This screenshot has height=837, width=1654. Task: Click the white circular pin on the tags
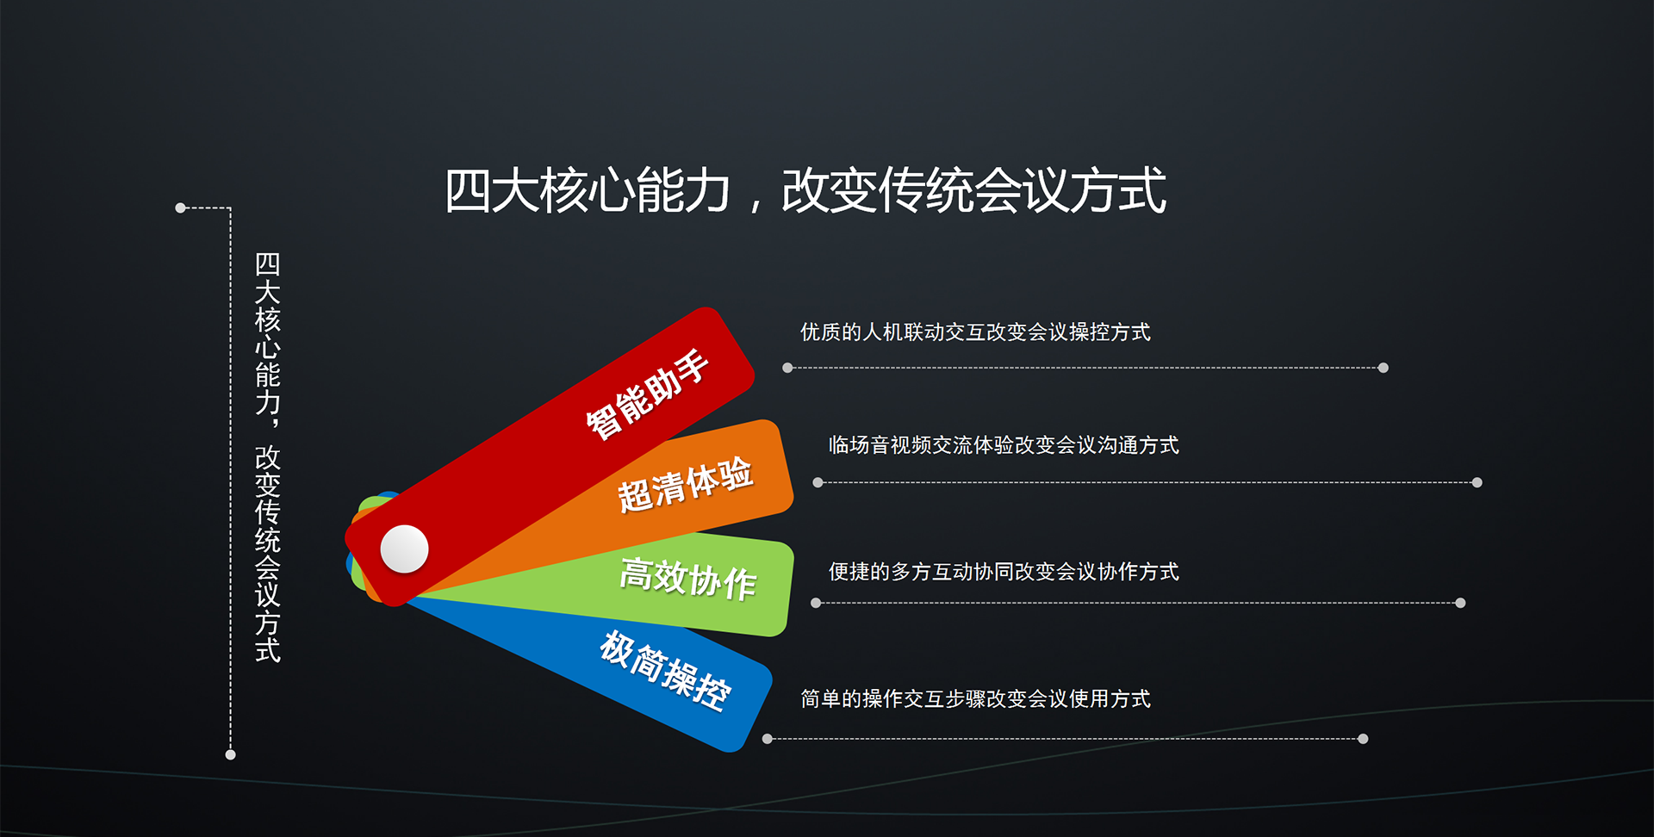(x=404, y=549)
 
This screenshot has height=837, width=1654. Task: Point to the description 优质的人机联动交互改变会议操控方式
(x=975, y=332)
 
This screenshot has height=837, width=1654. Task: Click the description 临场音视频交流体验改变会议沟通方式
(x=1004, y=445)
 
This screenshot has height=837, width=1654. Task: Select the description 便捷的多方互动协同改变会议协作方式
(x=1004, y=572)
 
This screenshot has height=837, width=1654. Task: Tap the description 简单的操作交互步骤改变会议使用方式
(x=975, y=698)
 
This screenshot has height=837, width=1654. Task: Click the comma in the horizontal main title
(x=756, y=205)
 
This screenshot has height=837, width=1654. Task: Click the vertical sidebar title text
(x=268, y=457)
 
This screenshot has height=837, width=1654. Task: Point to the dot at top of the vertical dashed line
(x=181, y=208)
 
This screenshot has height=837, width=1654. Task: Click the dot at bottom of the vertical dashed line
(x=230, y=754)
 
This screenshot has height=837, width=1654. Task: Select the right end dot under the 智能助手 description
(x=1383, y=368)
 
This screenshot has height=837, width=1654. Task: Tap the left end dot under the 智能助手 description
(x=787, y=368)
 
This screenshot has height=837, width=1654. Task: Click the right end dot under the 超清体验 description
(x=1477, y=482)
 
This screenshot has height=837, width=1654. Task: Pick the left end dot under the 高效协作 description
(x=816, y=603)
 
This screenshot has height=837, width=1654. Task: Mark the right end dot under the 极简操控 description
(x=1363, y=739)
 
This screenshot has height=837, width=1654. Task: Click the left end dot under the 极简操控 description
(x=768, y=739)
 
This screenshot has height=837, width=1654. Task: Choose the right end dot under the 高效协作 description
(x=1460, y=603)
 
